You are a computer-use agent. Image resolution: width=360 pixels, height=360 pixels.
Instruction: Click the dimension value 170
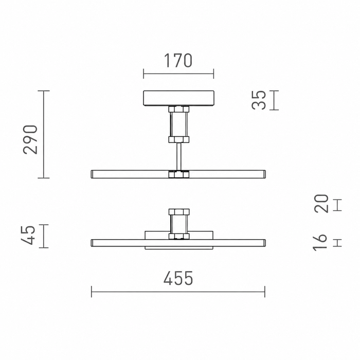point(178,61)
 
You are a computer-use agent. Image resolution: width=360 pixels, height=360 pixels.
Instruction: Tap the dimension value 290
point(30,139)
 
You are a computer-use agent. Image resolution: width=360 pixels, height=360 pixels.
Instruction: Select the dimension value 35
point(259,100)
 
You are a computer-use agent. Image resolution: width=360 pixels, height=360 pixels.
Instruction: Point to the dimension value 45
point(28,236)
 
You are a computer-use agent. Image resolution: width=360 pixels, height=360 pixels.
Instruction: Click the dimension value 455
point(178,278)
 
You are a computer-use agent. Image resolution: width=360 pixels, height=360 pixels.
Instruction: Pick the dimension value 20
point(321,204)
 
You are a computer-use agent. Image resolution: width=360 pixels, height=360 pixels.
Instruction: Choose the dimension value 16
point(320,242)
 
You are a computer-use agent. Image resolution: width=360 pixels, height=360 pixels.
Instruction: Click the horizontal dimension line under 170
point(178,74)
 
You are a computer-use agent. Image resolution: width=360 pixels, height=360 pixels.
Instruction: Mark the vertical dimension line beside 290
point(44,134)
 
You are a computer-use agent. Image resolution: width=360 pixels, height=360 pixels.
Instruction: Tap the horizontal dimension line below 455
point(178,292)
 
